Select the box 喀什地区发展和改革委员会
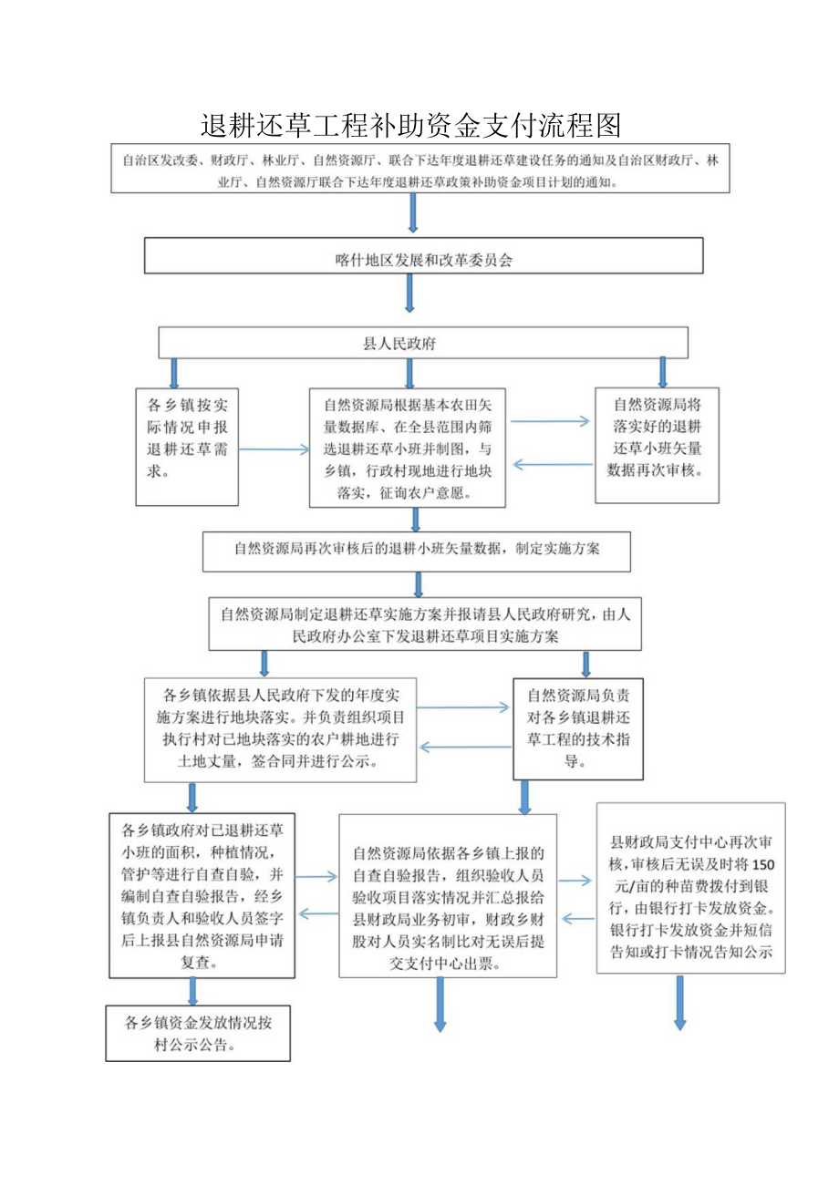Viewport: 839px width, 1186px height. click(423, 256)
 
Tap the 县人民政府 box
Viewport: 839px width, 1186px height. click(423, 343)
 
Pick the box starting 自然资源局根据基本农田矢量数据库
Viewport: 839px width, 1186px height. click(409, 447)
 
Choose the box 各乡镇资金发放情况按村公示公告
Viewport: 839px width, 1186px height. click(198, 1033)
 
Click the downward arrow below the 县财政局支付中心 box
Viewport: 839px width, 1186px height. click(679, 1003)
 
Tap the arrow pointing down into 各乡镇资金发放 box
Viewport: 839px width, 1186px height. click(193, 992)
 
